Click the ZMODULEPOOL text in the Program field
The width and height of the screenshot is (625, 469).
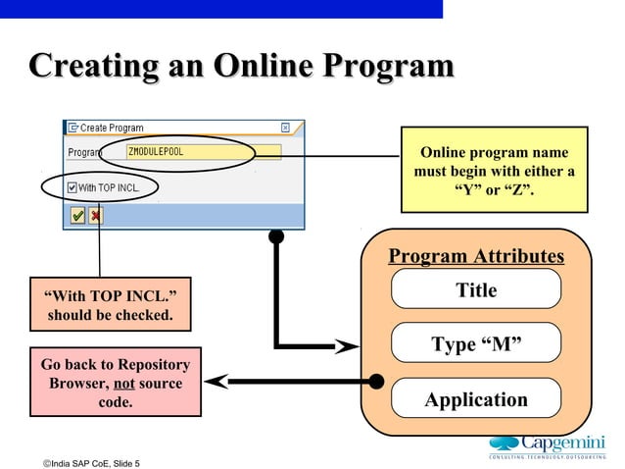point(156,152)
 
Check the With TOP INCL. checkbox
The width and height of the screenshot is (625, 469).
point(72,187)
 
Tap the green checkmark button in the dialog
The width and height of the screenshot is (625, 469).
point(76,214)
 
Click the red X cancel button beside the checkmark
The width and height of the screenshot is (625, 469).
point(96,214)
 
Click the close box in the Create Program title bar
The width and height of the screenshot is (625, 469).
point(285,128)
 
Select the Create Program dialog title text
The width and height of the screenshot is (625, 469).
point(112,128)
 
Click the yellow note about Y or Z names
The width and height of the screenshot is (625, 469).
point(494,169)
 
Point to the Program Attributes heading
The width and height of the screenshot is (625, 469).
point(476,257)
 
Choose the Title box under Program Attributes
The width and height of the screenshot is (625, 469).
point(476,290)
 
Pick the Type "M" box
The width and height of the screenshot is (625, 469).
point(476,343)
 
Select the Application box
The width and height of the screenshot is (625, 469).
point(476,399)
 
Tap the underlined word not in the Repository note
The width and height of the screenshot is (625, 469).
point(123,384)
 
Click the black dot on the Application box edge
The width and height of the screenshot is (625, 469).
point(375,381)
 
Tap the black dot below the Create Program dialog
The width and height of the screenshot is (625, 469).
point(276,235)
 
